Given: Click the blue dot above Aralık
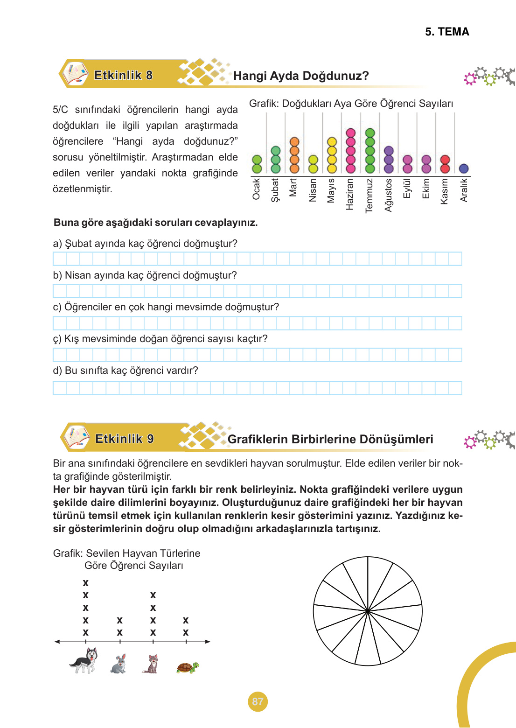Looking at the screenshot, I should tap(463, 168).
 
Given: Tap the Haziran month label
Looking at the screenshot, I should tap(350, 194).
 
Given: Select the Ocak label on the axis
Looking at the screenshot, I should tap(256, 189).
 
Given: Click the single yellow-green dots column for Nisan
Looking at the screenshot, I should tap(313, 164).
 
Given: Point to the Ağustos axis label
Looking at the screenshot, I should tap(388, 195).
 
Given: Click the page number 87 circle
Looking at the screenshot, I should tap(258, 701).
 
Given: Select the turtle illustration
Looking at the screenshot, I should tap(188, 668).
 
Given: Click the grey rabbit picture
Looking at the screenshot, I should tap(119, 664).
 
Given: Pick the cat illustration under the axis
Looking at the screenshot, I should tap(151, 664).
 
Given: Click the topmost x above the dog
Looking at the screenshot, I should tap(85, 583).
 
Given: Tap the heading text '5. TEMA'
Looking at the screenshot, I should tap(446, 32).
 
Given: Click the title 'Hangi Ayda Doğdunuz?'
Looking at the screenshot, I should tap(301, 76).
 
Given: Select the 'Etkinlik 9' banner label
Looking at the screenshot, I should tap(124, 439).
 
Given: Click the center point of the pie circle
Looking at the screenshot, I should tap(368, 611).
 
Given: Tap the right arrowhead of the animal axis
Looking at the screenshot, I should tap(208, 642).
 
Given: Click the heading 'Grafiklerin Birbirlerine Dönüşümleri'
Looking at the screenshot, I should tap(330, 439).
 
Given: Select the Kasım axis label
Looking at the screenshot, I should tap(445, 191).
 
